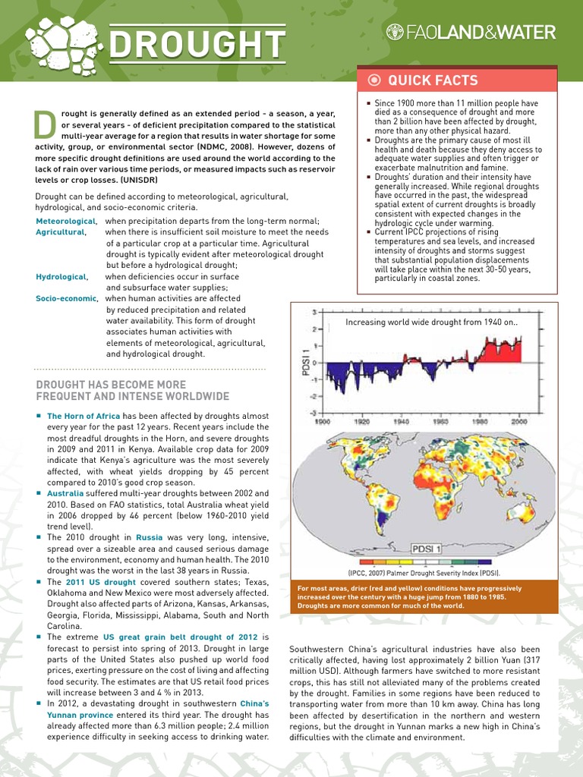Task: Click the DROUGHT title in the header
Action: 196,45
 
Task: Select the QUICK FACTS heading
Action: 433,80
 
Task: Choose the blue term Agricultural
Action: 60,231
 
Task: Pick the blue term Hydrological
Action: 61,277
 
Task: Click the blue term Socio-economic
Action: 66,299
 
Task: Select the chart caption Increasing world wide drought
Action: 430,322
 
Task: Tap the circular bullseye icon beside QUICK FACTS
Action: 373,80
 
